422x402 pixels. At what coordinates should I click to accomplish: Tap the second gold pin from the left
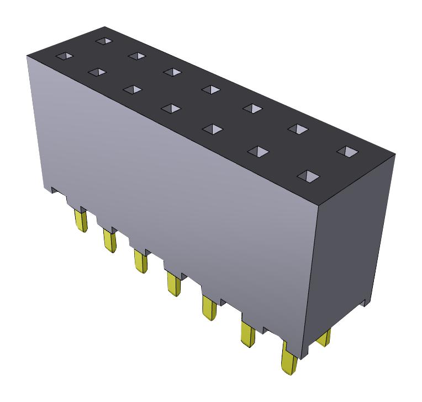click(x=109, y=240)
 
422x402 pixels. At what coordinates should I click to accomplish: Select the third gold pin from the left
click(x=140, y=260)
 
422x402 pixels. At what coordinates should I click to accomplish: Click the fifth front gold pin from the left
click(x=209, y=307)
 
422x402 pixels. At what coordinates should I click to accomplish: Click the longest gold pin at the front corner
click(x=289, y=358)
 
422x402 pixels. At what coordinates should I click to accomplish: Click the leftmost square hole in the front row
click(x=65, y=56)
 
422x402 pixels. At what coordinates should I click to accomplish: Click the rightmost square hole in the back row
click(x=347, y=151)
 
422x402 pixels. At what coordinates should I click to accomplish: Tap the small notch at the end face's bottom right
click(x=365, y=301)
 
